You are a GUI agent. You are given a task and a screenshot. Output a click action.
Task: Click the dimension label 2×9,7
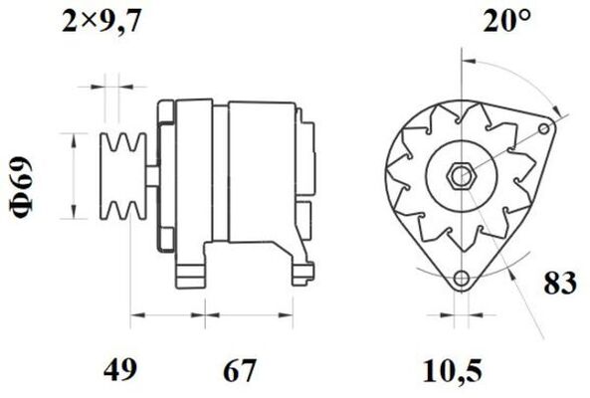101,22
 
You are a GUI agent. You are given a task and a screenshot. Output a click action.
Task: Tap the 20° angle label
506,21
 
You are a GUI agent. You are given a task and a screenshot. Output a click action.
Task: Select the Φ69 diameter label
22,187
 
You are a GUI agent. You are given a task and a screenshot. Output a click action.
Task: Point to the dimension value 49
120,370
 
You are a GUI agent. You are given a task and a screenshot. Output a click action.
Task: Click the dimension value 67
240,370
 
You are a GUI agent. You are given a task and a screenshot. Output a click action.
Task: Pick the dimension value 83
560,283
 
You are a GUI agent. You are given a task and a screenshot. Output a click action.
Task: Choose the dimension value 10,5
453,370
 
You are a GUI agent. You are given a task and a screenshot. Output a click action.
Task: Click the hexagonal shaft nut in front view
461,175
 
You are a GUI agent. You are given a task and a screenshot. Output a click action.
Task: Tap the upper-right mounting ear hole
543,129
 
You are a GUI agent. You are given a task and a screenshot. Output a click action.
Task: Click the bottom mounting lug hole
462,279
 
